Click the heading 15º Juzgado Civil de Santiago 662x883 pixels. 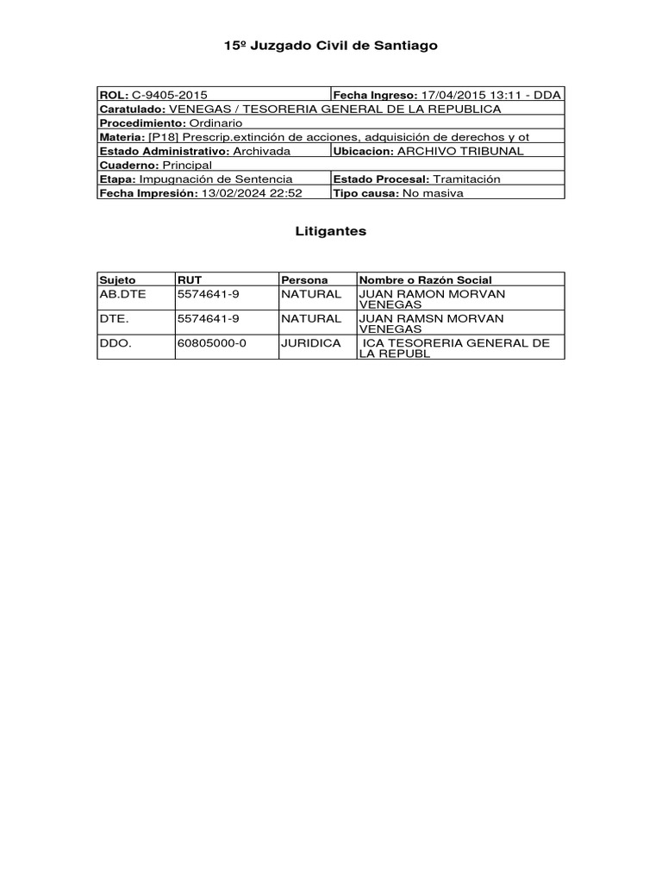pyautogui.click(x=331, y=46)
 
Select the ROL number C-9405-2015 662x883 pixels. pyautogui.click(x=170, y=95)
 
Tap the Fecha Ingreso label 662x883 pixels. pyautogui.click(x=374, y=95)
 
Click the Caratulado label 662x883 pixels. pyautogui.click(x=132, y=109)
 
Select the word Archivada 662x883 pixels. pyautogui.click(x=261, y=150)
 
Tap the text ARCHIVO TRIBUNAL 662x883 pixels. pyautogui.click(x=460, y=150)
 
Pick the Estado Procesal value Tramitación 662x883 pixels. pyautogui.click(x=466, y=178)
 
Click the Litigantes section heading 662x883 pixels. pyautogui.click(x=331, y=231)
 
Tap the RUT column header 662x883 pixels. pyautogui.click(x=189, y=280)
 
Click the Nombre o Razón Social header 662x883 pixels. pyautogui.click(x=426, y=280)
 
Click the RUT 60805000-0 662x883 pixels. pyautogui.click(x=212, y=342)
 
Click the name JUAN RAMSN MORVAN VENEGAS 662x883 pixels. pyautogui.click(x=432, y=323)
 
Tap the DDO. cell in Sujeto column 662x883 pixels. pyautogui.click(x=115, y=342)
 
